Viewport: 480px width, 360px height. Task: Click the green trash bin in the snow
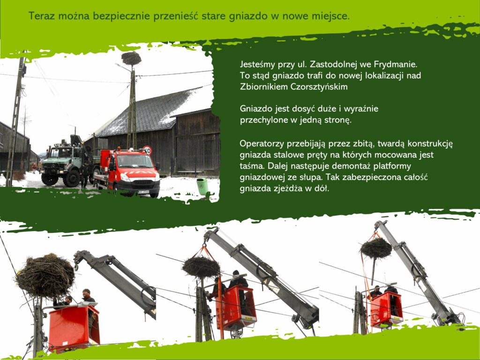202,187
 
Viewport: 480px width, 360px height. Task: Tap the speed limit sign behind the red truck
147,150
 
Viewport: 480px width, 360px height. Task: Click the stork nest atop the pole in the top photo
131,58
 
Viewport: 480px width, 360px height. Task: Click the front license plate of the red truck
143,192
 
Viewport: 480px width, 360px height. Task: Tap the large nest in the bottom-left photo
45,276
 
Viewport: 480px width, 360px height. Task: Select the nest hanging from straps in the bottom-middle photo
201,267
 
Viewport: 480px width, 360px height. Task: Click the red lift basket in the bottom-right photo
385,309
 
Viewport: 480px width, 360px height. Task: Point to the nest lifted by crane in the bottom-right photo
376,248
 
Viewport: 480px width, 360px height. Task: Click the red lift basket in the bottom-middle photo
236,308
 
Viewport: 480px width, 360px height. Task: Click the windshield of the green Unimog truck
61,152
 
